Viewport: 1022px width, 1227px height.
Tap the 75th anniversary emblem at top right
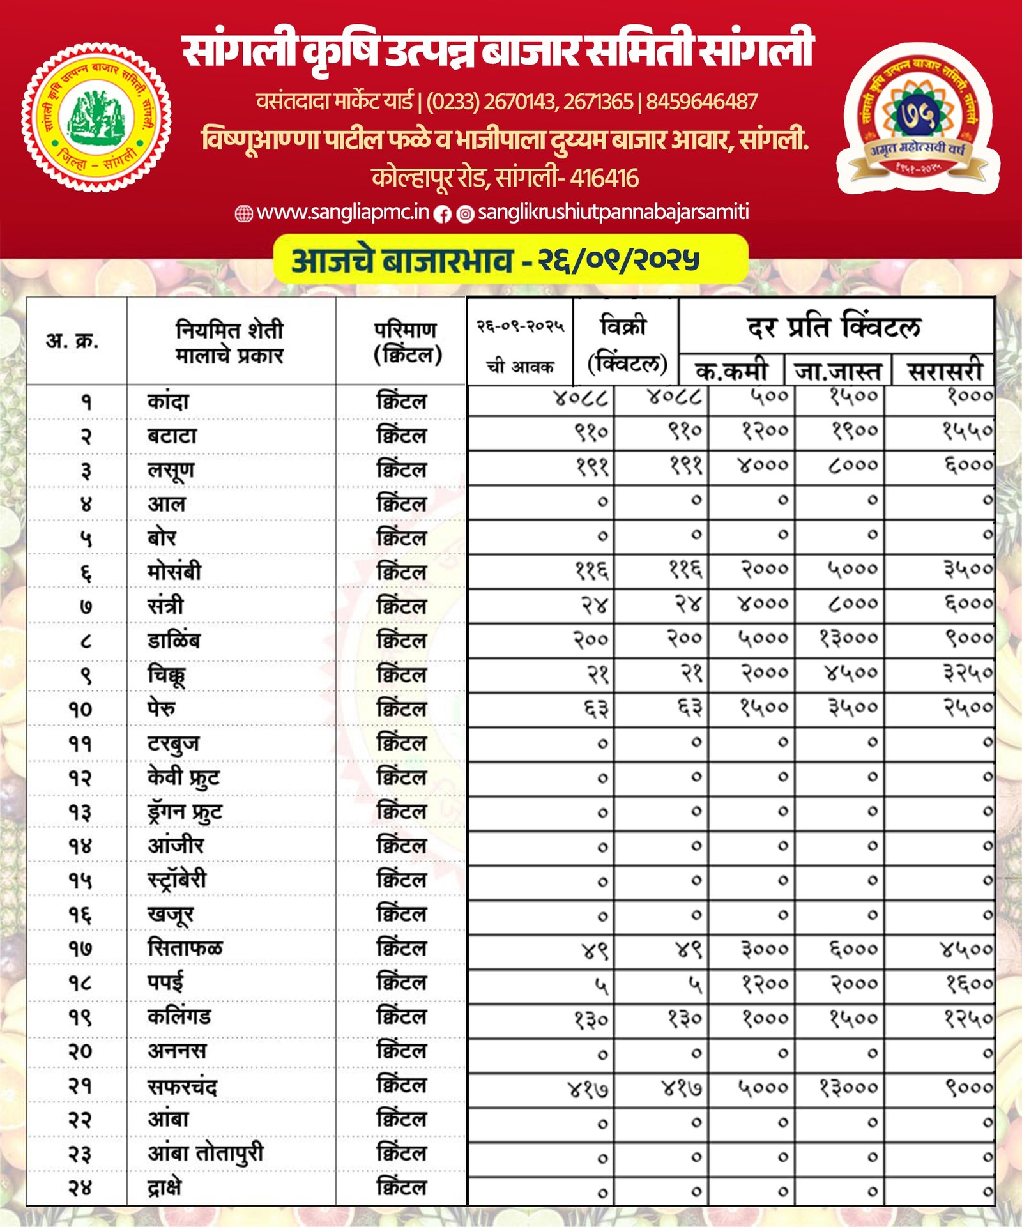[917, 118]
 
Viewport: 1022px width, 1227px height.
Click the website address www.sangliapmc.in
[342, 212]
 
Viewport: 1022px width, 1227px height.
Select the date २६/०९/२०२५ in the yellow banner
[618, 260]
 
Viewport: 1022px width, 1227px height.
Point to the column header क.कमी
[731, 371]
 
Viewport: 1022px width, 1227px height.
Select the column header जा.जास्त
[837, 371]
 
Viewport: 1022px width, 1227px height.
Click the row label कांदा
[168, 402]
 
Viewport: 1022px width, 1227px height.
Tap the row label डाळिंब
[174, 641]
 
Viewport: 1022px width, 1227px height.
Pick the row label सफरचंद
[182, 1086]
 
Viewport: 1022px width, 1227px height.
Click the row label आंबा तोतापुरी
[206, 1154]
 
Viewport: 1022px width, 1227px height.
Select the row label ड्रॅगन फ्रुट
[185, 812]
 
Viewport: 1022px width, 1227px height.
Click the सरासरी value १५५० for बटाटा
[968, 432]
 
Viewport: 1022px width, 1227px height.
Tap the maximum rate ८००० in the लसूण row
[853, 466]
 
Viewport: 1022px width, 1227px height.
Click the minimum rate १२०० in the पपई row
[765, 984]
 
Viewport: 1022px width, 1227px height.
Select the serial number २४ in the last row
[80, 1188]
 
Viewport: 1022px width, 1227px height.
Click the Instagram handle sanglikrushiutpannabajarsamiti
[613, 212]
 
